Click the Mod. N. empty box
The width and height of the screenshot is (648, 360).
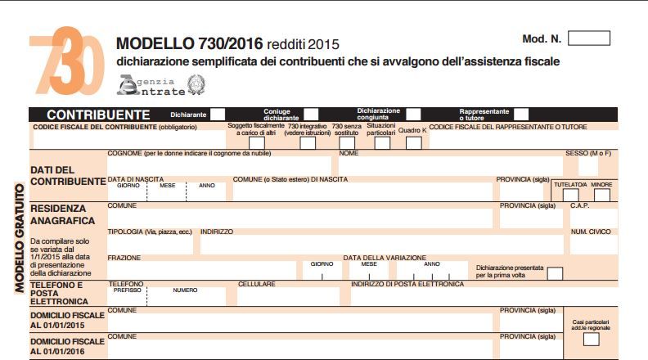588,38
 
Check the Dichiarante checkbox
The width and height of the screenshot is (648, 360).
218,115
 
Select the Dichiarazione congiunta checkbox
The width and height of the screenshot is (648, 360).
414,115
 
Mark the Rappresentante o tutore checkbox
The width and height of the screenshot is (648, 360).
521,115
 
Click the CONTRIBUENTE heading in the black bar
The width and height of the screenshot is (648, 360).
98,115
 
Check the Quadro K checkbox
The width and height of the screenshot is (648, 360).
414,143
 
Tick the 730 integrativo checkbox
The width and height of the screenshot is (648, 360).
308,143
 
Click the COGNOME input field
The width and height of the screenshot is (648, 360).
221,166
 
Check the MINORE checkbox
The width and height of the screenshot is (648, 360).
602,195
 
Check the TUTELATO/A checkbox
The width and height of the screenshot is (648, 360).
569,195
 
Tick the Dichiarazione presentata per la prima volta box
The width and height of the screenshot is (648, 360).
555,272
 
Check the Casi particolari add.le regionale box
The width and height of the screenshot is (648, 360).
591,339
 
